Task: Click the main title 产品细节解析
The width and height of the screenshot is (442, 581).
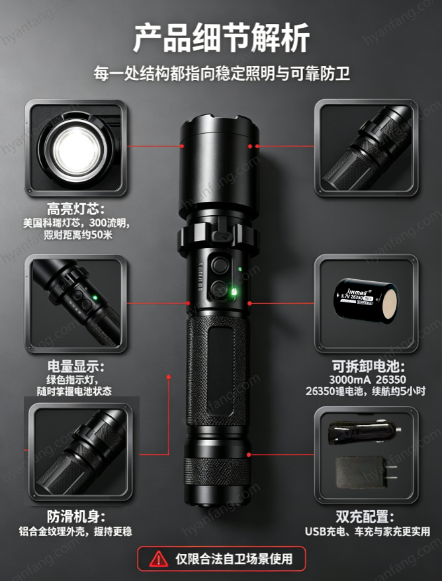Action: tap(221, 38)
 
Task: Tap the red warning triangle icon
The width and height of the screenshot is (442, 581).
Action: tap(159, 559)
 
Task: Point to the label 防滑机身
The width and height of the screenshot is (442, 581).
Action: tap(75, 516)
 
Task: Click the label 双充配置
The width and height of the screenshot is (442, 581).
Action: tap(365, 516)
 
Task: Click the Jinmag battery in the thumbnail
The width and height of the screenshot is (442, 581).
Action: tap(366, 301)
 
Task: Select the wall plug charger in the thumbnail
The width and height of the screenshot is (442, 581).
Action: tap(366, 472)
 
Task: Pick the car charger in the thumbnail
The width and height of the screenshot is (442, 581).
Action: tap(364, 431)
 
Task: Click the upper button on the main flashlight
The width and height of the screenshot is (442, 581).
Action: tap(218, 265)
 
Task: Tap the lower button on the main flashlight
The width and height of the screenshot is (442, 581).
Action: tap(218, 288)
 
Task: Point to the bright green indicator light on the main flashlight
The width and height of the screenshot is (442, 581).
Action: tap(234, 292)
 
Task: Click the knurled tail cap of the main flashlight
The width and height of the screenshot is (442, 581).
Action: tap(218, 472)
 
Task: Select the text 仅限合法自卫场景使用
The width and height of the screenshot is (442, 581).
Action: tap(234, 559)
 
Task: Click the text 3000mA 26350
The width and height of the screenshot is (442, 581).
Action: tap(367, 380)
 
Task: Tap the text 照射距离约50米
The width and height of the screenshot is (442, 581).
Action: tap(78, 235)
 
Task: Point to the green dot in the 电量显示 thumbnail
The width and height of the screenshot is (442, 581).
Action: tap(95, 297)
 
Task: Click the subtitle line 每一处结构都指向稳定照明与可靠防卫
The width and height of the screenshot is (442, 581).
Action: tap(222, 73)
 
